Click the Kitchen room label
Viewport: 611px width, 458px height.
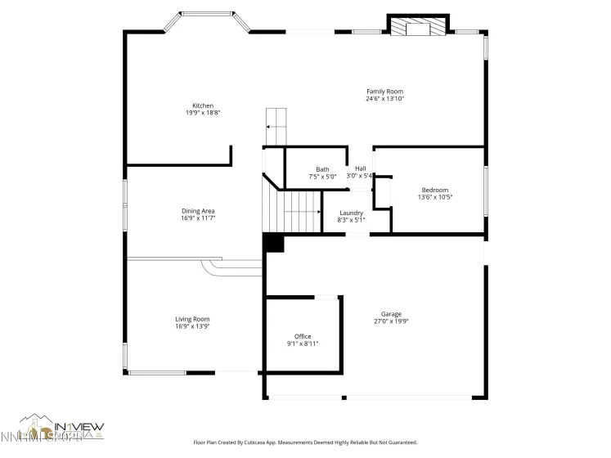pos(203,106)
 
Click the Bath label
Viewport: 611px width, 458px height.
pos(322,169)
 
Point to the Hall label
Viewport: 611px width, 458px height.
pos(360,168)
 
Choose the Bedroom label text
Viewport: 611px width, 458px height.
pos(434,190)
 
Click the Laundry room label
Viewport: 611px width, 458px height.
pos(351,213)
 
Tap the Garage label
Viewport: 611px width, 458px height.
pos(390,314)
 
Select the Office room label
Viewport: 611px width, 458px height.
pos(303,336)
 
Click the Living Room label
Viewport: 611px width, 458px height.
pos(192,319)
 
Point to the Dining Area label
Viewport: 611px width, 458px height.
pos(198,211)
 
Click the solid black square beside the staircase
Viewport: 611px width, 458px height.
pos(272,243)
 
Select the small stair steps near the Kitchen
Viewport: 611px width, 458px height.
pos(277,123)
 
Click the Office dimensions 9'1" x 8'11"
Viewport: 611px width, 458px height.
pos(303,343)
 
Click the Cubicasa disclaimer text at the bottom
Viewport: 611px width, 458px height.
pos(304,442)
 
